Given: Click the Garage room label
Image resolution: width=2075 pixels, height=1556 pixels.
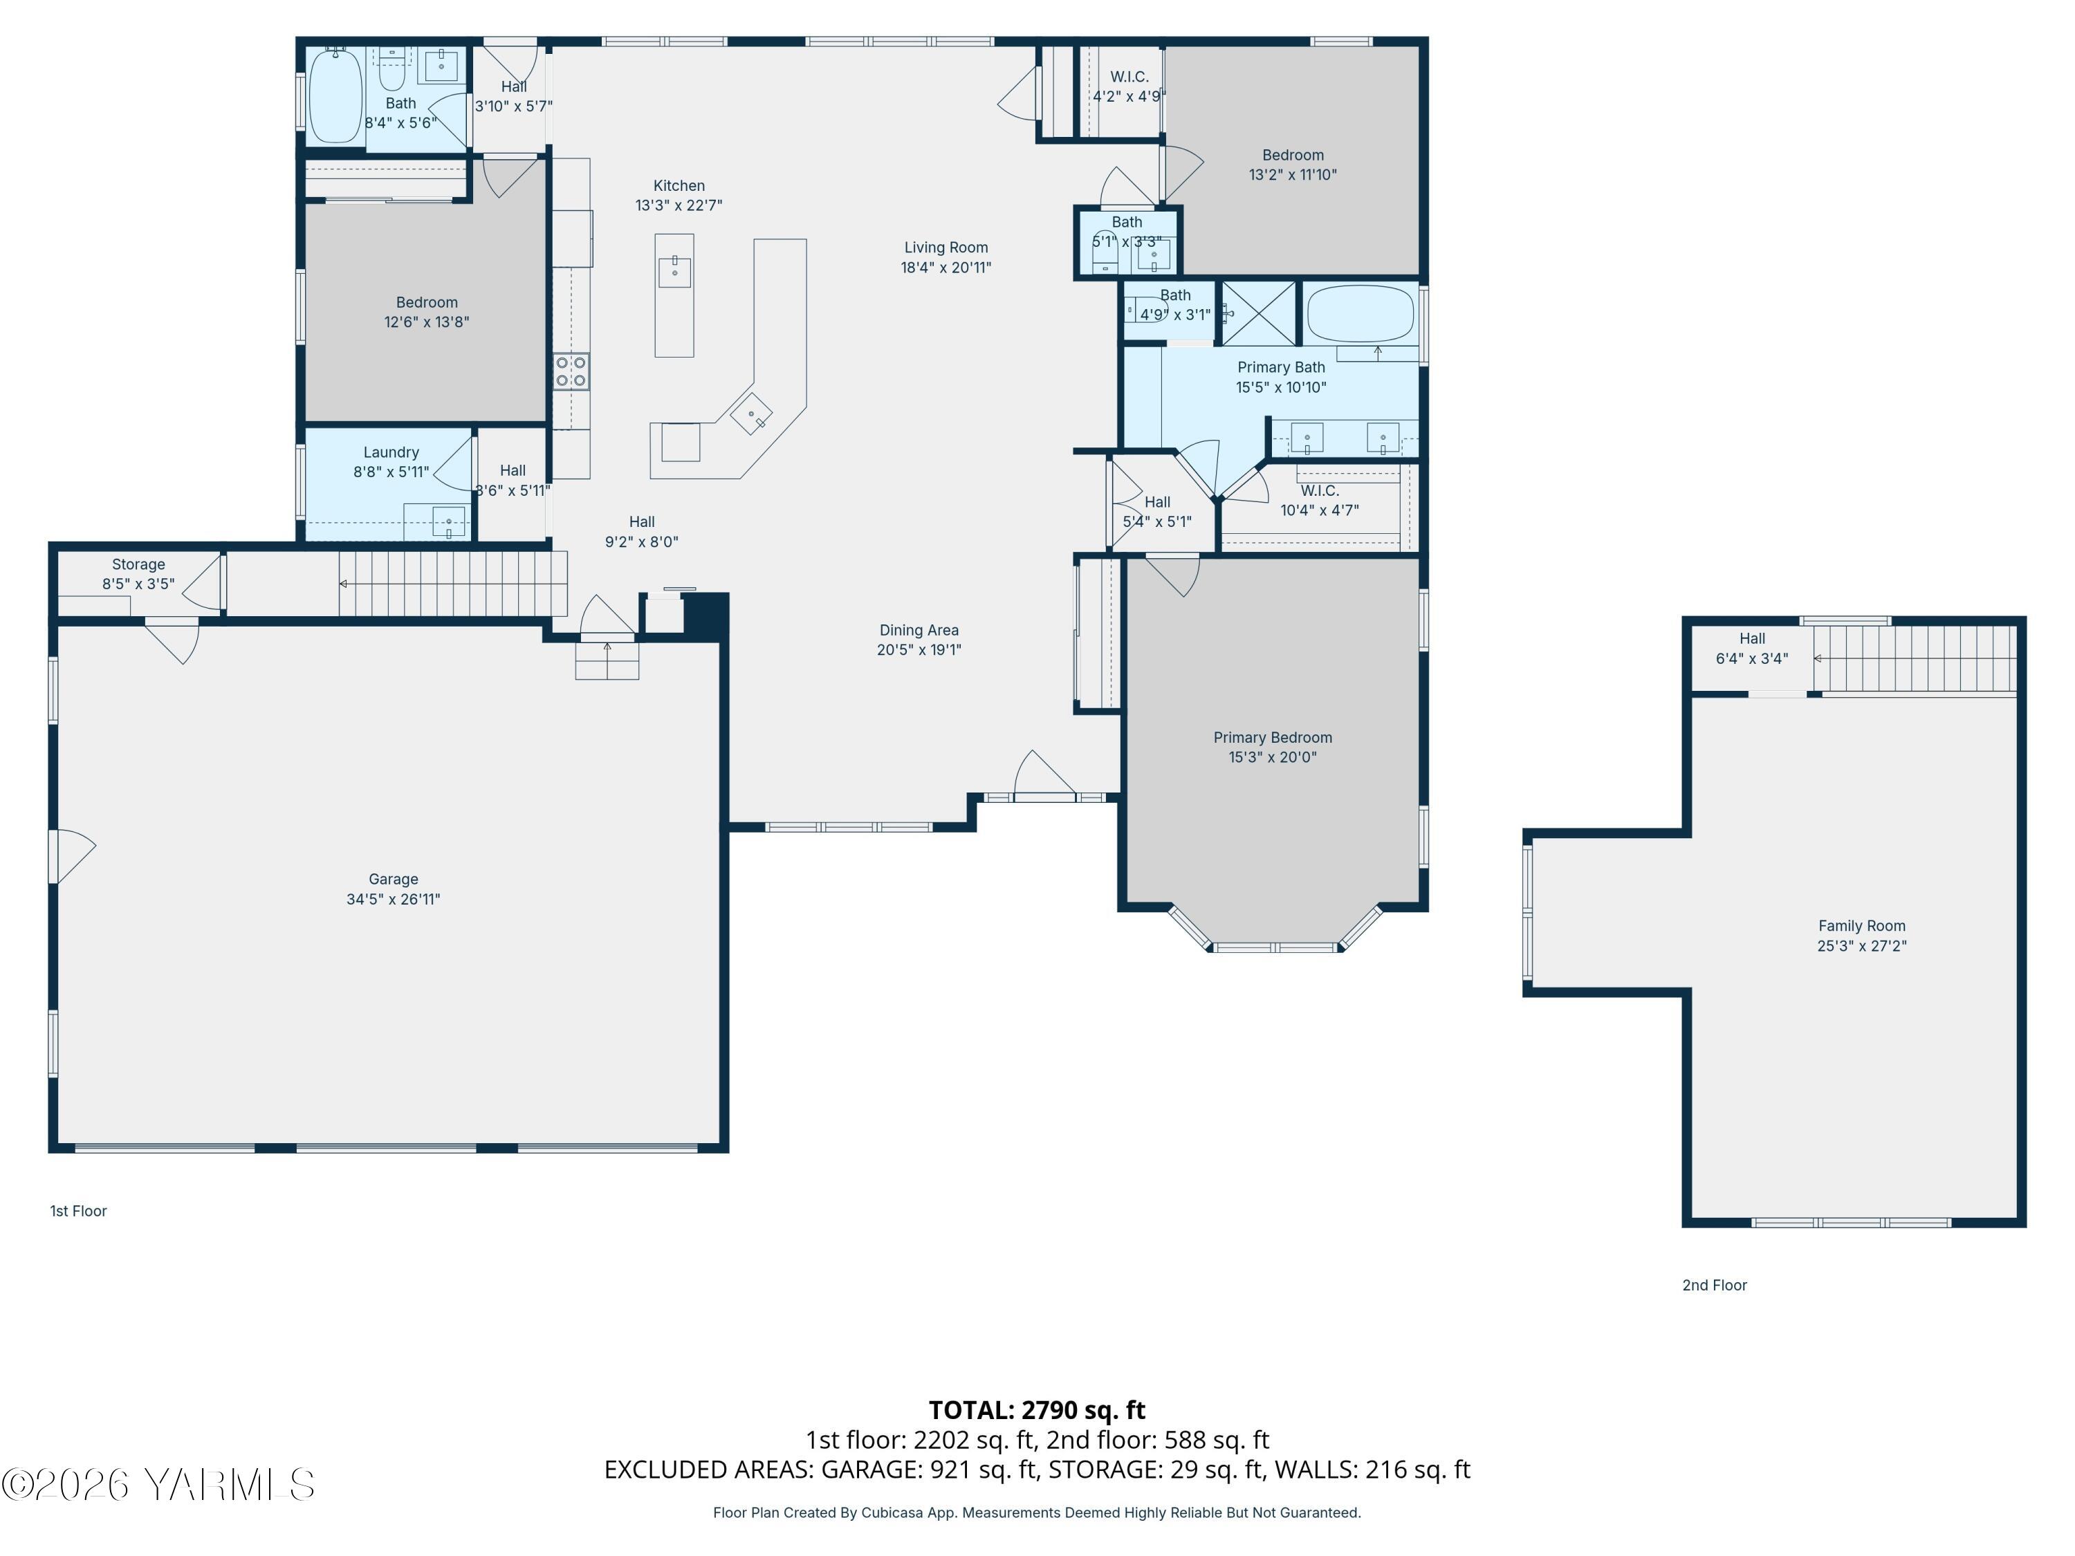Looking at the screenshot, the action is (393, 880).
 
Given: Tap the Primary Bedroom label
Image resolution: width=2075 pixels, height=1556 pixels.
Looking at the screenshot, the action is (1273, 738).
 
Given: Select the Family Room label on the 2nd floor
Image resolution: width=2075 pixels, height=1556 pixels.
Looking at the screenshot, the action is (1862, 927).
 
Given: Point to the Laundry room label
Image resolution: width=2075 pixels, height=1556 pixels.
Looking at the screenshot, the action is (391, 452).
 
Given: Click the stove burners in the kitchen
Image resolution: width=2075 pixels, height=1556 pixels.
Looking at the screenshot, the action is (571, 371).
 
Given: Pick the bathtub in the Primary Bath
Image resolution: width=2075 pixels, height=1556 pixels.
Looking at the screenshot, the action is (1361, 314).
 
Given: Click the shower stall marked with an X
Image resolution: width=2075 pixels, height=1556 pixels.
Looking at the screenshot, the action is (1259, 313).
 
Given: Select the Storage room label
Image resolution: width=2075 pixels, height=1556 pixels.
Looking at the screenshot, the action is (139, 564).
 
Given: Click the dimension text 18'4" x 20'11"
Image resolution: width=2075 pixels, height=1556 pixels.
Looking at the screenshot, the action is (946, 268).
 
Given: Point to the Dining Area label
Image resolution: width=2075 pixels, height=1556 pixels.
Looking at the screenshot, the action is (919, 630).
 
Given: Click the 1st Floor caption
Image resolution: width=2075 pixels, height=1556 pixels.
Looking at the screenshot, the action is (79, 1211).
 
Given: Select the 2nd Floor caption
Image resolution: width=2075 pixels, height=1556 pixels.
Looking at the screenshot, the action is (1715, 1285).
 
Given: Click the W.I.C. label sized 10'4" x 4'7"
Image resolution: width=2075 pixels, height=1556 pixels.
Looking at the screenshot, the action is (1320, 490).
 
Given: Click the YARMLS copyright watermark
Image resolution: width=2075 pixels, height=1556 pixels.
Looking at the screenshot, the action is (158, 1485).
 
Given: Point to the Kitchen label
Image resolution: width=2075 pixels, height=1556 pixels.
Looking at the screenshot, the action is (679, 186).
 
